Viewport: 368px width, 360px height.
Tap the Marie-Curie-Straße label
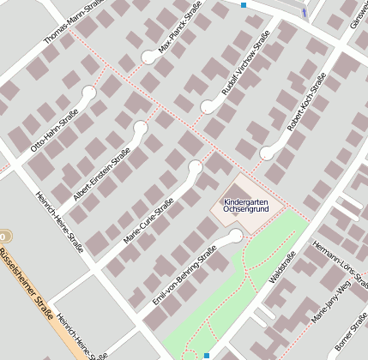148,220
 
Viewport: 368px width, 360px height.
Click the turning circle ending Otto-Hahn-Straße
87,93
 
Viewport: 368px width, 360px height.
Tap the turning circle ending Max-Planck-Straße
149,57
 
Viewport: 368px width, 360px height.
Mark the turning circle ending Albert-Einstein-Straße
141,128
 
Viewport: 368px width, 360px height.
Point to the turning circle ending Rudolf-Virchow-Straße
208,107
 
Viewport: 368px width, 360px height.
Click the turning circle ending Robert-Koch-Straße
267,153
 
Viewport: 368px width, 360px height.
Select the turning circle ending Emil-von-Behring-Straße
236,234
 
